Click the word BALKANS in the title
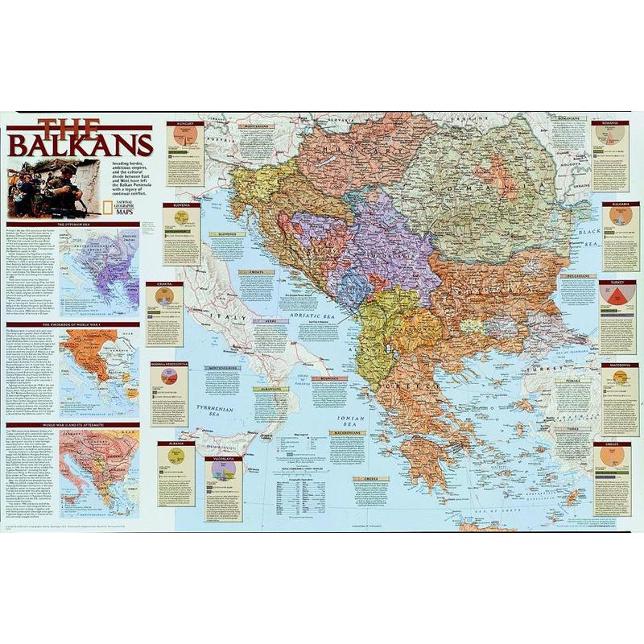pos(80,145)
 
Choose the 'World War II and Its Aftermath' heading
pos(73,424)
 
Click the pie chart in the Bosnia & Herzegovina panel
pos(170,376)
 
